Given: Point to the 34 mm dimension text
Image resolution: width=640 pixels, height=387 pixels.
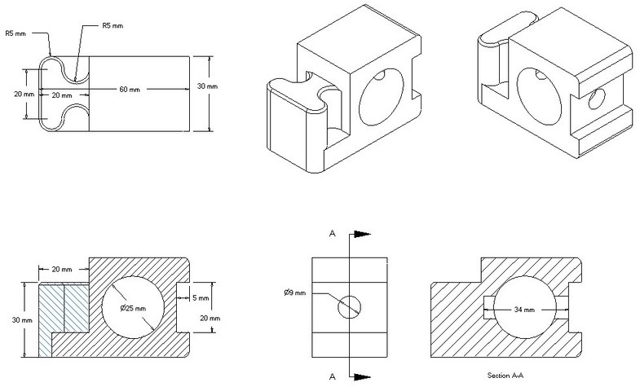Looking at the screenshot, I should (x=523, y=310).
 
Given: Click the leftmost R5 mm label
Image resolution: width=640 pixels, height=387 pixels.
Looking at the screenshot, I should (x=15, y=33).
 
